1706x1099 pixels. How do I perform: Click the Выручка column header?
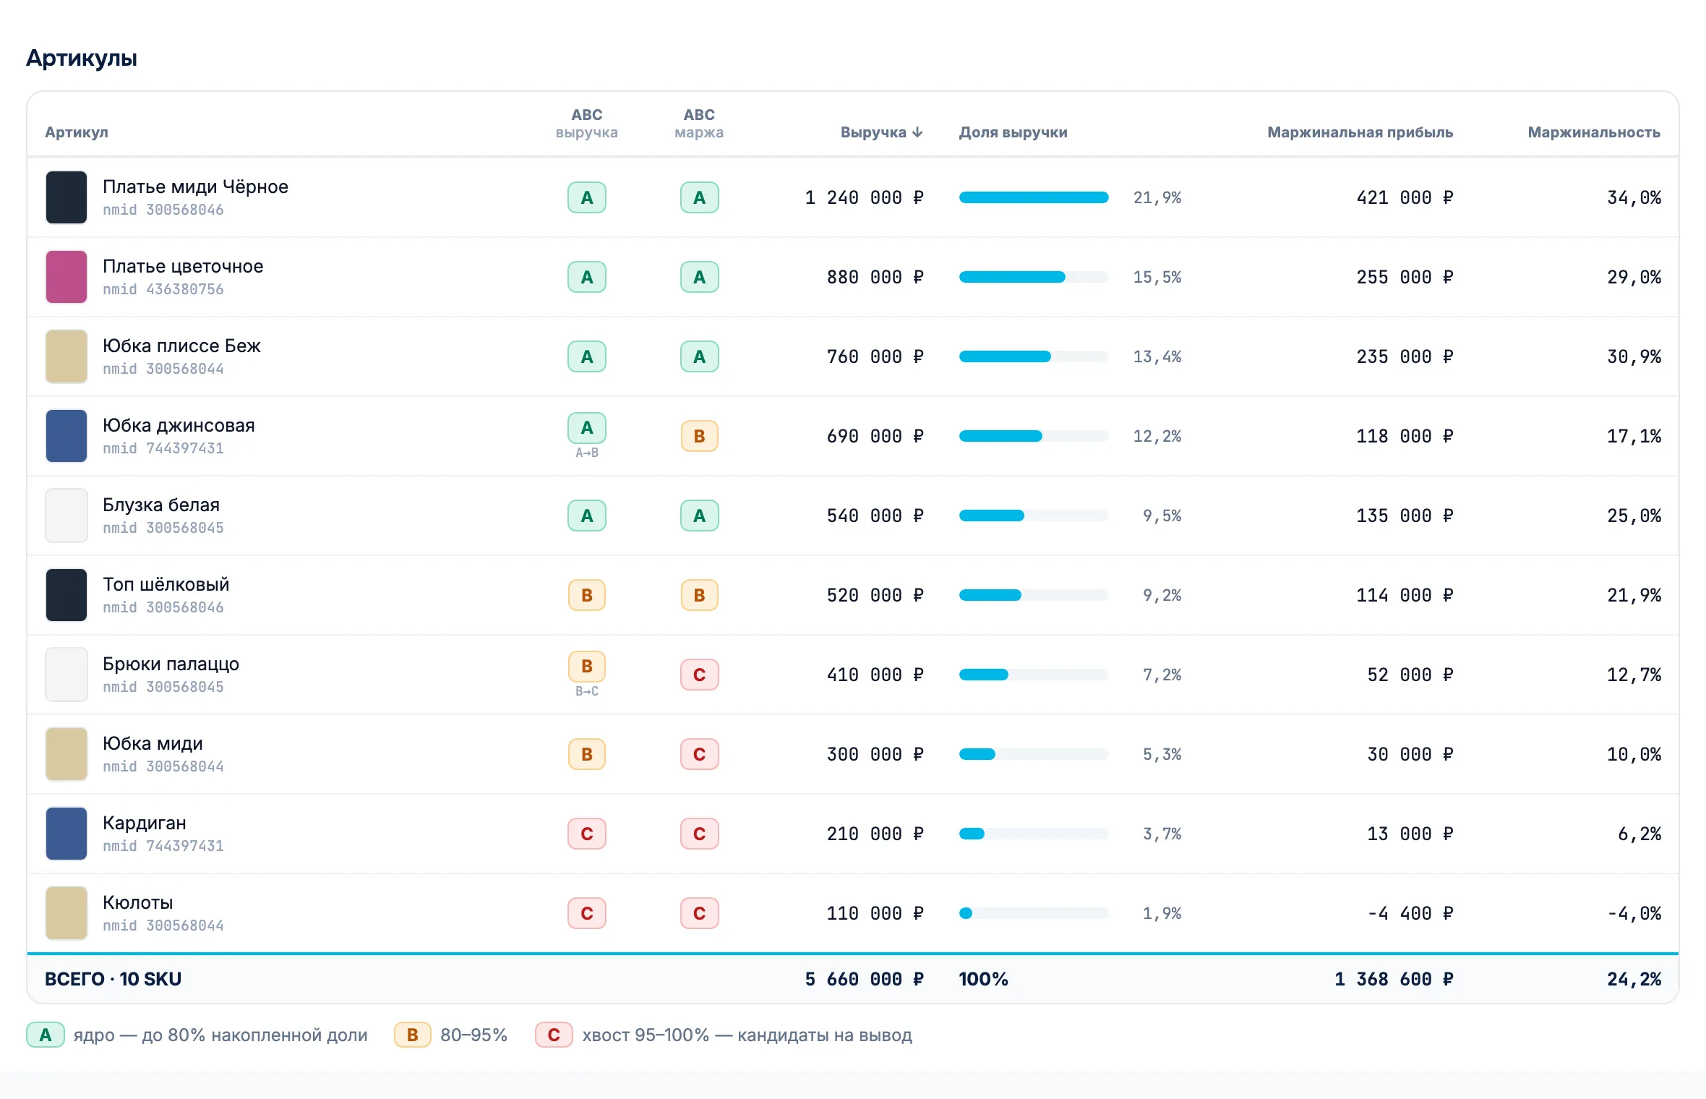(881, 132)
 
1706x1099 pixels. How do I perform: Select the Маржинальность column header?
(1593, 132)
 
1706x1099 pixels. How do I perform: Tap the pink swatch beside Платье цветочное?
(67, 277)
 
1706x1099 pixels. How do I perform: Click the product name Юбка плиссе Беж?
(181, 346)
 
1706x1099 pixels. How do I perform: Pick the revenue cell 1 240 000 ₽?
(864, 197)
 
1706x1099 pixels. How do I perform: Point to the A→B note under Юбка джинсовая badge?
(587, 453)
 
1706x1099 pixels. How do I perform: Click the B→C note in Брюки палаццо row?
(587, 691)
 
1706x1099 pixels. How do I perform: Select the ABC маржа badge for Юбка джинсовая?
(699, 436)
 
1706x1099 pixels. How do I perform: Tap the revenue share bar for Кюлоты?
(1034, 913)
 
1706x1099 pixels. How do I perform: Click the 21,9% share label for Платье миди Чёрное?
(1157, 197)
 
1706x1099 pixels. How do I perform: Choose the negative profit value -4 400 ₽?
(1410, 913)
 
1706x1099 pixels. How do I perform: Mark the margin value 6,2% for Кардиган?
(1639, 834)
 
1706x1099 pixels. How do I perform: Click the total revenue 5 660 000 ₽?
(864, 979)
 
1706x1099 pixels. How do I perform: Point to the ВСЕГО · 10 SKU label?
(113, 979)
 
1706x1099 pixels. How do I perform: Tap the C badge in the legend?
(554, 1035)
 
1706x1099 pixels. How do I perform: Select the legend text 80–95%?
(473, 1035)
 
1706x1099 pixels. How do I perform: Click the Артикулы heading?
(82, 58)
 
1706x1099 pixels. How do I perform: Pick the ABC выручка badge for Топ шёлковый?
(587, 595)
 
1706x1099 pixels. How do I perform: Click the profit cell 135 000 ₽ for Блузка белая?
(1405, 516)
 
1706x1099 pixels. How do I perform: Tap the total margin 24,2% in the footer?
(1634, 979)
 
